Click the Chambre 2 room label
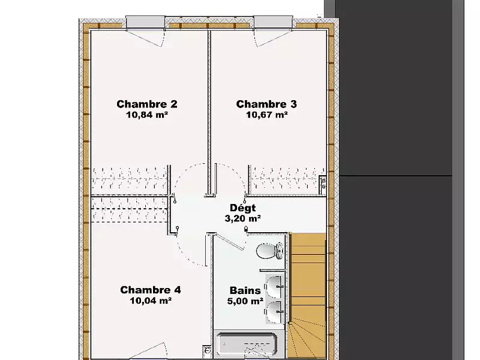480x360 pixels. click(x=147, y=104)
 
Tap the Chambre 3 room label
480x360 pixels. click(x=266, y=104)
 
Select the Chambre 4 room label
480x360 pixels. click(x=151, y=290)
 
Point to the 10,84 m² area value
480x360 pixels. click(x=147, y=115)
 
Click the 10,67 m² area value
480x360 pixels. click(x=267, y=115)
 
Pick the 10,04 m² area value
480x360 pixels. click(x=151, y=301)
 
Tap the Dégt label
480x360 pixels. click(x=243, y=208)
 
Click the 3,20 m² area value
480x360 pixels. click(x=243, y=218)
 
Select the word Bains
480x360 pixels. click(x=245, y=290)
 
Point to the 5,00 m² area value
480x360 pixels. click(x=245, y=301)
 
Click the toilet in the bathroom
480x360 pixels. click(x=270, y=251)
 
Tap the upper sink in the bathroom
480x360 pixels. click(x=274, y=287)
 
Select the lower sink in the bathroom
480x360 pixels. click(x=274, y=312)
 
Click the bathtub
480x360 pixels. click(x=247, y=345)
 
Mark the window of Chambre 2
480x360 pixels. click(x=145, y=23)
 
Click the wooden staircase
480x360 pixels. click(x=307, y=295)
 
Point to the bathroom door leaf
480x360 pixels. click(x=230, y=242)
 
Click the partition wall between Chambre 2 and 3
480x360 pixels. click(x=209, y=113)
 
